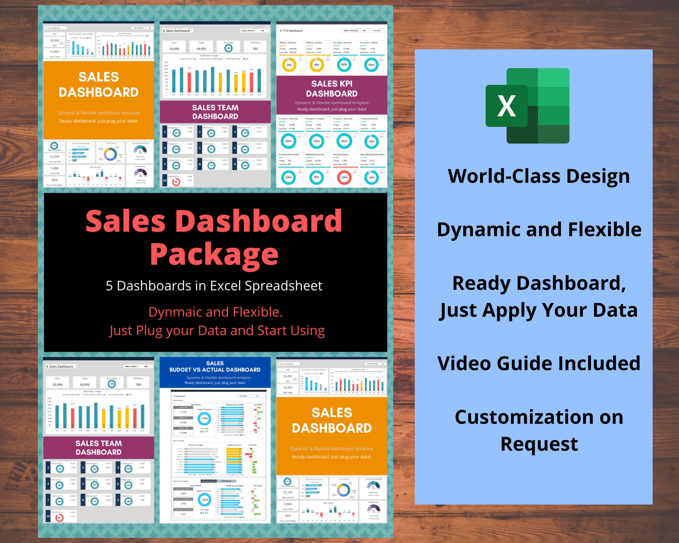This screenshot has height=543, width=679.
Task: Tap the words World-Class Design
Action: pos(539,176)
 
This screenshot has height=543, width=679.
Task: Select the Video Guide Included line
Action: pos(539,363)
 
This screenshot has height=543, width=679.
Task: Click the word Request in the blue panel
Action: pos(539,444)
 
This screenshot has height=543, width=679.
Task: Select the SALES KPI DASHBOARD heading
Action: pos(332,88)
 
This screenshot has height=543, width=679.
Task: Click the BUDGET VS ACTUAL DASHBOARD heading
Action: pos(215,369)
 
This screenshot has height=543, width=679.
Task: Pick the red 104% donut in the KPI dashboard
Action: pos(344,177)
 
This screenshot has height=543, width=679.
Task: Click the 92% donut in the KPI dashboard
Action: pos(372,177)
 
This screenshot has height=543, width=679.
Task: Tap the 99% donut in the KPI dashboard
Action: pos(316,177)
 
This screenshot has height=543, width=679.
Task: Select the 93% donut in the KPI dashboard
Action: pos(372,141)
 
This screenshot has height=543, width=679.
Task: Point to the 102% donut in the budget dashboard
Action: pos(205,500)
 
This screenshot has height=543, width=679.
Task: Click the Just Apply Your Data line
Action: pos(539,310)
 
